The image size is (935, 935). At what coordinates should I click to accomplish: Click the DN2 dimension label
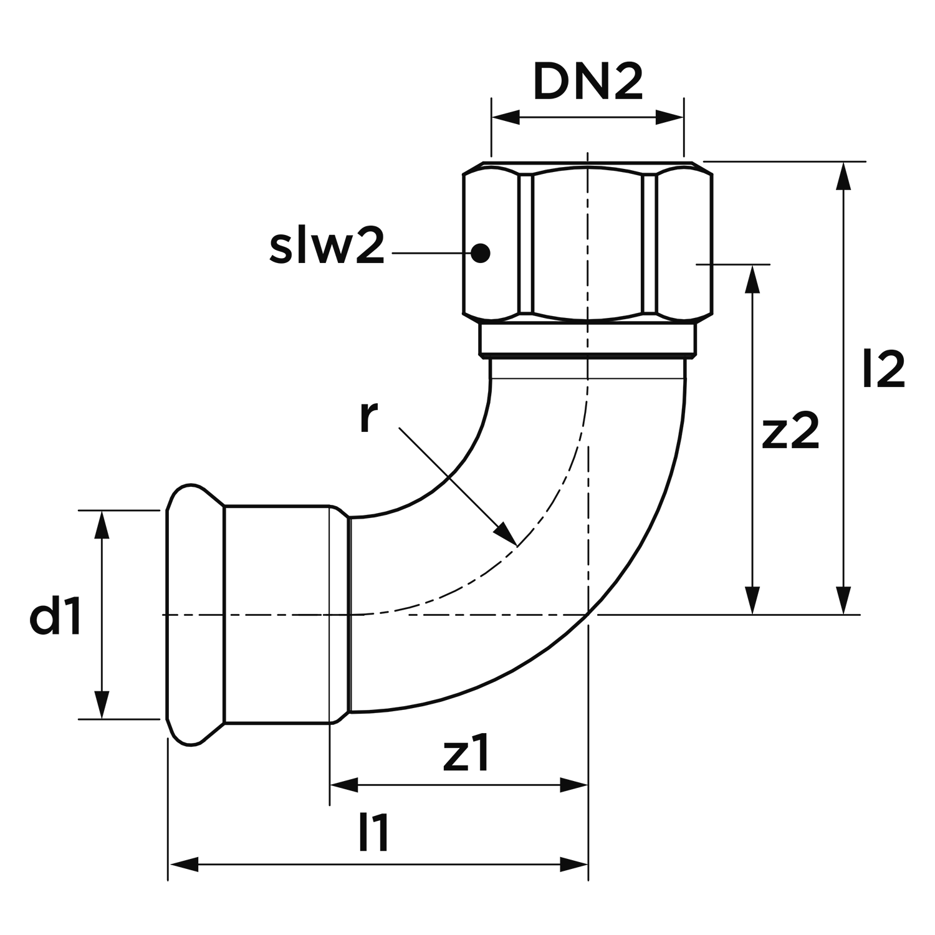[x=588, y=82]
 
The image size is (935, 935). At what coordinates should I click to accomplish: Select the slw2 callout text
[x=327, y=247]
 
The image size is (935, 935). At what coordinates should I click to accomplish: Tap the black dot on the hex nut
[x=480, y=252]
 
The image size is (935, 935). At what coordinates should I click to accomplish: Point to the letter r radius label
[x=368, y=418]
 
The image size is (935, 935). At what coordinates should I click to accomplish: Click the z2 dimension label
[x=790, y=431]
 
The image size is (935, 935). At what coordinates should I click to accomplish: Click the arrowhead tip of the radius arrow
[x=516, y=545]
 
